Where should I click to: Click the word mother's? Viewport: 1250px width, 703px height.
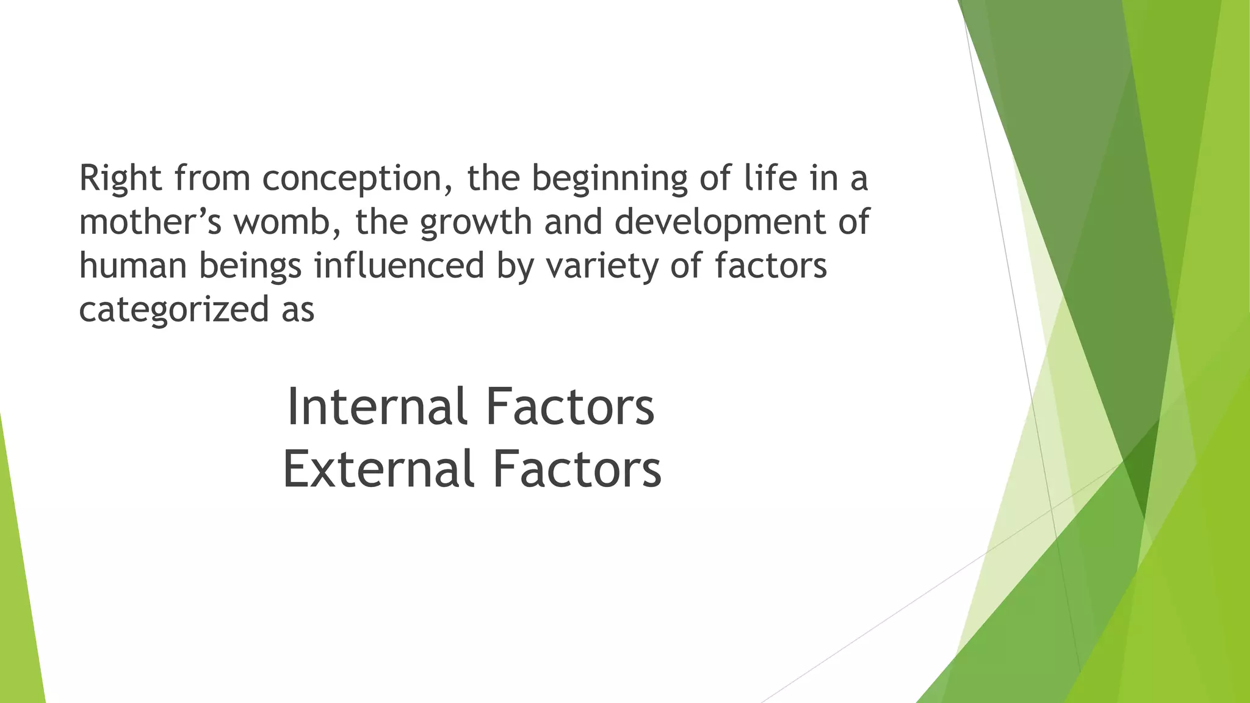click(x=150, y=222)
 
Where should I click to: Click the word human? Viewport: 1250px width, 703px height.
click(x=132, y=266)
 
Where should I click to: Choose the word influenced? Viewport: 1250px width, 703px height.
click(x=399, y=266)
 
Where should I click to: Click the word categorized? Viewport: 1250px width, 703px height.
click(x=174, y=310)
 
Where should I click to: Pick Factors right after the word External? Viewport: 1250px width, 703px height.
click(x=577, y=469)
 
